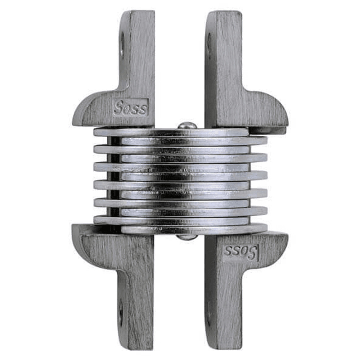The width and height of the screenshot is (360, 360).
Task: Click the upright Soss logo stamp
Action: (x=130, y=107)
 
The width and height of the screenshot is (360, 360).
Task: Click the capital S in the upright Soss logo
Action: (x=118, y=107)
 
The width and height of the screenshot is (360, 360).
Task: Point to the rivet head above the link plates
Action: (x=187, y=125)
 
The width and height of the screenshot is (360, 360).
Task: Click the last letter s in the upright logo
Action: (x=143, y=108)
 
